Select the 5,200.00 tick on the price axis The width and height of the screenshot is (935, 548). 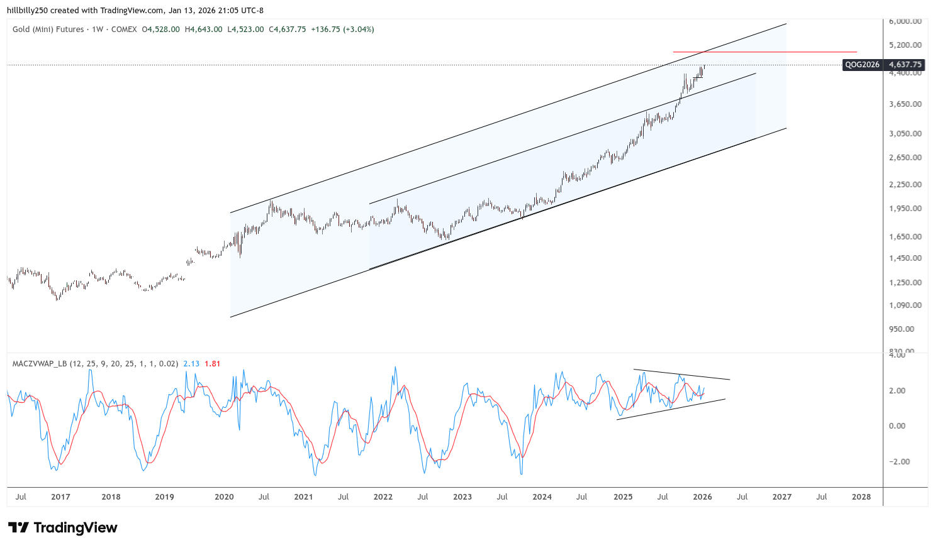point(905,45)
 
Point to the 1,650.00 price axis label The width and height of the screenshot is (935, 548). point(905,237)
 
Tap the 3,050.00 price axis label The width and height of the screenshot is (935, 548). point(905,134)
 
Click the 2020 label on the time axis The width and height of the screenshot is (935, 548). point(224,497)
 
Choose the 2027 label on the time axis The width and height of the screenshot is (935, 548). point(782,497)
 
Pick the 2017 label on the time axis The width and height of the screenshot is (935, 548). point(60,497)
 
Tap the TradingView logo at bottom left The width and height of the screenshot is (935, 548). point(63,528)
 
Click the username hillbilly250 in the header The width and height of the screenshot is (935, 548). point(28,11)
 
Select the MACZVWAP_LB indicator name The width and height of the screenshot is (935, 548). point(40,364)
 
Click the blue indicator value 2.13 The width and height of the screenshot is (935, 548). point(191,364)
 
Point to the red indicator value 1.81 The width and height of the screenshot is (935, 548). point(213,364)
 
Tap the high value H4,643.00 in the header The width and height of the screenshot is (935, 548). point(203,30)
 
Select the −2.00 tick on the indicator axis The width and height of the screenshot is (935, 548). point(897,462)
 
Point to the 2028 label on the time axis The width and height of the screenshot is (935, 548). point(861,497)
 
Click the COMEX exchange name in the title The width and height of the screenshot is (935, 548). point(124,30)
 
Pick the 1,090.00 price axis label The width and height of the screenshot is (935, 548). point(905,305)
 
